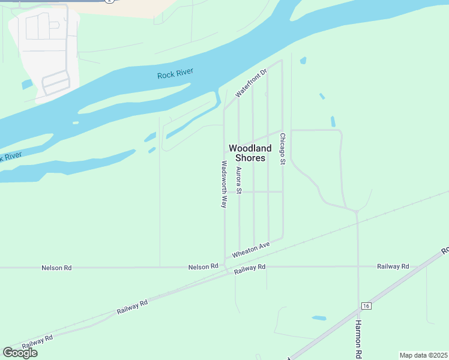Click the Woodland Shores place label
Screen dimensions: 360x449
[x=250, y=153]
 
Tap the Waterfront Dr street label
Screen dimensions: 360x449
[x=250, y=83]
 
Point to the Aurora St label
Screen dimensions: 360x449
[x=238, y=180]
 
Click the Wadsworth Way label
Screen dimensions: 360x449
[x=224, y=184]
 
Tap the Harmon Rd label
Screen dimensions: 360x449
[x=358, y=339]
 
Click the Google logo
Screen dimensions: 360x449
[x=20, y=353]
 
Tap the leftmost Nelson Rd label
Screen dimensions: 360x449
[x=56, y=268]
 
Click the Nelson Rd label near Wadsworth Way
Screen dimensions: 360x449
[x=203, y=267]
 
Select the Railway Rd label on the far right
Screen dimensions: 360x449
[x=393, y=266]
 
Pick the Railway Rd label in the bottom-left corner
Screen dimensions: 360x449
[x=37, y=342]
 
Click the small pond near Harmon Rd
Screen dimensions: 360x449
[x=319, y=318]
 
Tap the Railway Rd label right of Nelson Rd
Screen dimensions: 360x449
[x=250, y=269]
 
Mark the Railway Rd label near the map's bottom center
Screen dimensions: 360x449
[x=132, y=308]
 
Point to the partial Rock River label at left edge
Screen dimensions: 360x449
[x=11, y=157]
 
